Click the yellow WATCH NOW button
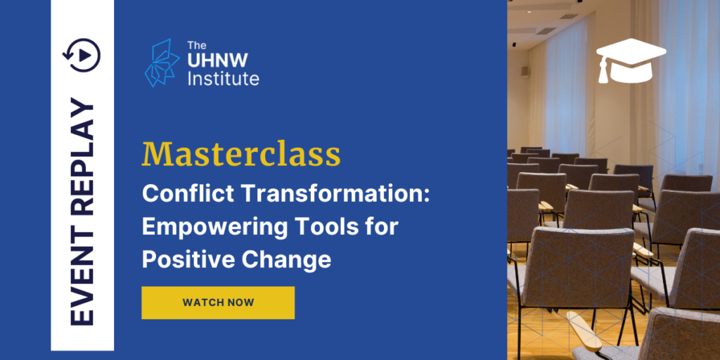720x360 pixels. (x=218, y=302)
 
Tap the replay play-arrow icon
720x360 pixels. (x=82, y=55)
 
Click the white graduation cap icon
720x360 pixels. (x=631, y=60)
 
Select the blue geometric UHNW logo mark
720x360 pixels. (x=162, y=63)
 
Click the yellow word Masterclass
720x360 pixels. (x=241, y=155)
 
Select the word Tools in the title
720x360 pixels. (x=326, y=227)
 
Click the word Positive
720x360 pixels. (x=188, y=259)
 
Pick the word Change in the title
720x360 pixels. (x=286, y=260)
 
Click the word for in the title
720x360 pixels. (x=380, y=227)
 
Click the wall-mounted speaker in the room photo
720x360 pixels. (x=525, y=71)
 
